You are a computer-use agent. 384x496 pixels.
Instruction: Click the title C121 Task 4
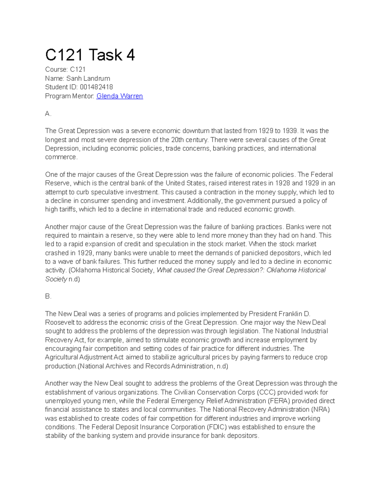click(x=90, y=55)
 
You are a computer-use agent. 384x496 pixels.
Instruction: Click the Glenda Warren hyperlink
click(x=119, y=96)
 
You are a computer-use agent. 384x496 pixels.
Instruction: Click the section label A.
click(x=48, y=114)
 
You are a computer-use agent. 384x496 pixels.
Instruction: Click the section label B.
click(x=48, y=296)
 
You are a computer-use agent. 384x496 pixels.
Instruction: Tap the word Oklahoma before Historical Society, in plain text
click(x=86, y=270)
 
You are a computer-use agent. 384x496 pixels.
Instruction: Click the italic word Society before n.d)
click(x=56, y=279)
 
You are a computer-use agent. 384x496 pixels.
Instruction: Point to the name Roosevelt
click(x=60, y=323)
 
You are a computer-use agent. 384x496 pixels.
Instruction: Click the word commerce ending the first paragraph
click(x=61, y=157)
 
